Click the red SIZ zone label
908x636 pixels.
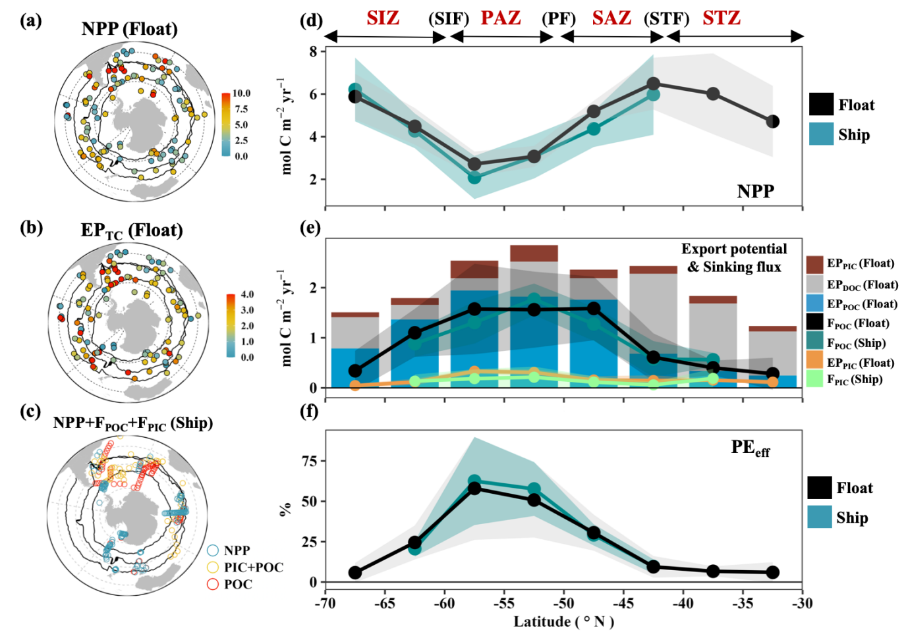click(383, 18)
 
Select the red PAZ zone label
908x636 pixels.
click(501, 18)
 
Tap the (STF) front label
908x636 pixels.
click(666, 18)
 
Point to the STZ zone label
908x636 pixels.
click(722, 18)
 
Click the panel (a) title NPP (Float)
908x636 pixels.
click(130, 29)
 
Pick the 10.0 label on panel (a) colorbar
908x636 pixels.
click(241, 93)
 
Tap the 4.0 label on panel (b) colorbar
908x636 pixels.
click(247, 294)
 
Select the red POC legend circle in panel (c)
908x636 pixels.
click(212, 584)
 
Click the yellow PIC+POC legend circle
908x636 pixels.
click(212, 567)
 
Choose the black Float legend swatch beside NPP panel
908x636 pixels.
click(821, 105)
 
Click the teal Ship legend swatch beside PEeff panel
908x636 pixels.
click(820, 517)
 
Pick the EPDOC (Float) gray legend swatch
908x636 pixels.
click(814, 284)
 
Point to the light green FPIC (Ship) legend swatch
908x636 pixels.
click(814, 379)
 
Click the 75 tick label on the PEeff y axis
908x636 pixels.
click(310, 461)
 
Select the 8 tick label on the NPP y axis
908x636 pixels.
click(314, 51)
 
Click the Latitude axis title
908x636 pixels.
click(563, 622)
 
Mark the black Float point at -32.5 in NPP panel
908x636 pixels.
click(772, 122)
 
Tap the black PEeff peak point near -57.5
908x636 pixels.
click(474, 489)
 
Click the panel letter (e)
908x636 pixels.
click(310, 228)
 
